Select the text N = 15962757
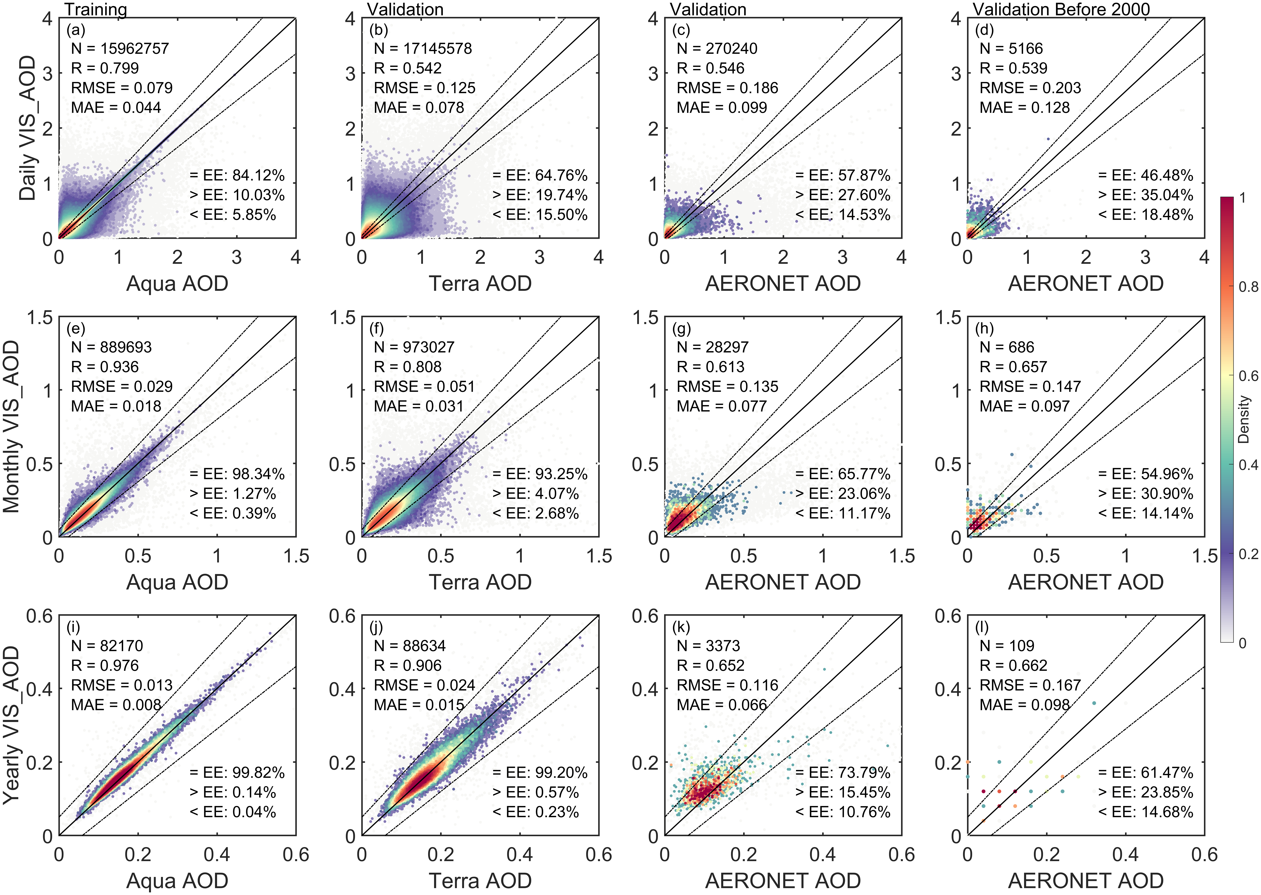[x=120, y=49]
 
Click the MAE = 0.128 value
[x=1024, y=108]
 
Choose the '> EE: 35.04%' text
[x=1145, y=195]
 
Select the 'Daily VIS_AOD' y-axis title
[x=28, y=128]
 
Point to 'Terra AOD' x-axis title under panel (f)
[x=480, y=582]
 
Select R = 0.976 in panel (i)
[x=105, y=666]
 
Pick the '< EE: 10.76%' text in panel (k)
[x=843, y=812]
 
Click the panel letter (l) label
[x=982, y=627]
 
